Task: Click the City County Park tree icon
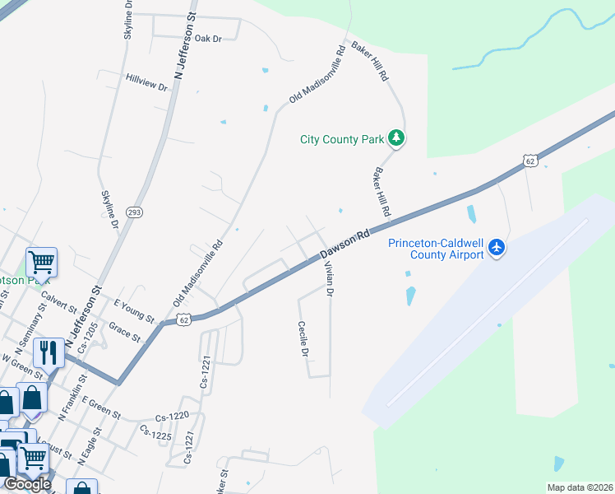tap(397, 138)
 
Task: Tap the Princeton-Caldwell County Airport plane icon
tap(496, 247)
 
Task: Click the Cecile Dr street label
tap(303, 339)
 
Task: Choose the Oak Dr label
tap(209, 39)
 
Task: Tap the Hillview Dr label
tap(146, 82)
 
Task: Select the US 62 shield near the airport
tap(530, 161)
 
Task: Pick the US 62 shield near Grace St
tap(183, 319)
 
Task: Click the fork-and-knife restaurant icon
tap(48, 352)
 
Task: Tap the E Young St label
tap(134, 310)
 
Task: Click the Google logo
tap(27, 483)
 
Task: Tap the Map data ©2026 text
tap(580, 487)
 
